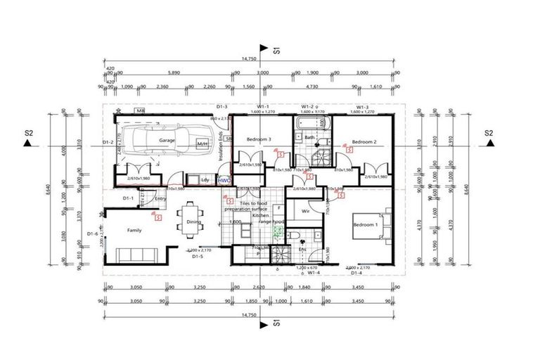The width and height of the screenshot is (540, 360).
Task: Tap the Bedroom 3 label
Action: [259, 141]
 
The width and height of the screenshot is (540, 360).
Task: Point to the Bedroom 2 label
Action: [364, 142]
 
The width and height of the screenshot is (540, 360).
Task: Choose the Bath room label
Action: [309, 138]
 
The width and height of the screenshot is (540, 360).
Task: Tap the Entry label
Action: [160, 199]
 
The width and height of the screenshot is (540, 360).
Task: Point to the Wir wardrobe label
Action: [306, 210]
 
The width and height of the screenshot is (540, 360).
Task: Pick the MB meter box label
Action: [141, 111]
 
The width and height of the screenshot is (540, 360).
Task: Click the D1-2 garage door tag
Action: [108, 142]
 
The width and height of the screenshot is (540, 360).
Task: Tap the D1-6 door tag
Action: [92, 233]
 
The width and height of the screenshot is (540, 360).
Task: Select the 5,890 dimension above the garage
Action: [176, 72]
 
